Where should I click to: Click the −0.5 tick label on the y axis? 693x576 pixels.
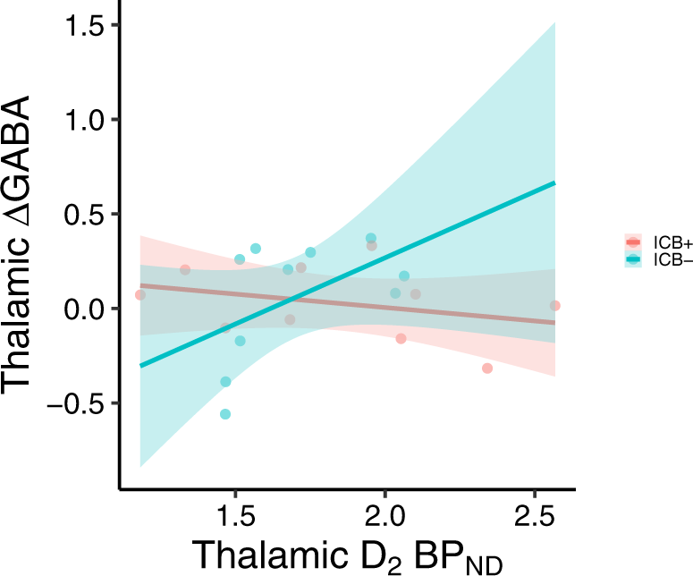78,403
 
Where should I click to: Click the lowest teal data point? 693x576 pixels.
225,414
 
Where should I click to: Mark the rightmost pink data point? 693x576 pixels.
554,306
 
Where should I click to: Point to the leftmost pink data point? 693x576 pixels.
139,295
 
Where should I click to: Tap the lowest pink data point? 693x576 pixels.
487,368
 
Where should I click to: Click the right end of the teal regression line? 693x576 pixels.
555,182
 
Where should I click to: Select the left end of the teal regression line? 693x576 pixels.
140,366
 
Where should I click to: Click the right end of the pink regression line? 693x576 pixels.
555,322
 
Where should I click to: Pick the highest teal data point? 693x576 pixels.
371,239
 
